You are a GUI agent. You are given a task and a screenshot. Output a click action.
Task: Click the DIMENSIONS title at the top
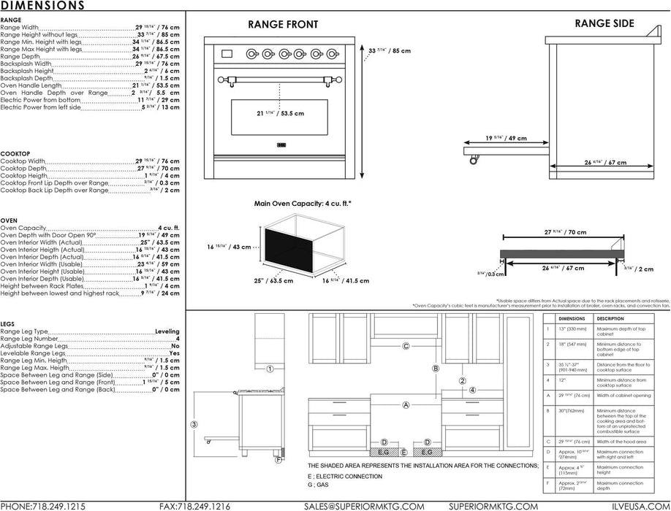(42, 6)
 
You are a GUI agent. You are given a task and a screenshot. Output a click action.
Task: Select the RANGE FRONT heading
(283, 24)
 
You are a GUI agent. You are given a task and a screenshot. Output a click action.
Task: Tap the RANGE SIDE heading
(603, 23)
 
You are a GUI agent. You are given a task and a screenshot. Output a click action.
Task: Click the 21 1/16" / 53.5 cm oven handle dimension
(280, 114)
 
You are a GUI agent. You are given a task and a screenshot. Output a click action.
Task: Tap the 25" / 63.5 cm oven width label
(274, 280)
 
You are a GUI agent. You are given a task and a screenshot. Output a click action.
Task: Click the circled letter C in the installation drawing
(406, 346)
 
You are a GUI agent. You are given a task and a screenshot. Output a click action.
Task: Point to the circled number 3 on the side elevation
(194, 424)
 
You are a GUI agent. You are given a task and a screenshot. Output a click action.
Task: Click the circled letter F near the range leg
(278, 460)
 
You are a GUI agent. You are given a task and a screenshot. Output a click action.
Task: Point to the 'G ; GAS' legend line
(319, 484)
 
